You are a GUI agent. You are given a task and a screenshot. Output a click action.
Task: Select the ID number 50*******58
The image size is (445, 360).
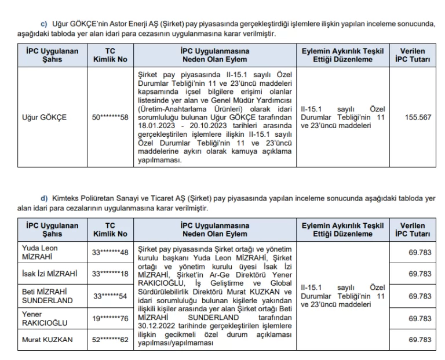[110, 117]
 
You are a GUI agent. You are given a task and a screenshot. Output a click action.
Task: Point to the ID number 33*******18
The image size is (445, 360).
[110, 273]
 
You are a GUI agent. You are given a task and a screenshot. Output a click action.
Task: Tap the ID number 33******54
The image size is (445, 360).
[110, 296]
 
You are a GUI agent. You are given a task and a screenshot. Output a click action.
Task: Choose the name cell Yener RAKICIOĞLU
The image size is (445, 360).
[44, 318]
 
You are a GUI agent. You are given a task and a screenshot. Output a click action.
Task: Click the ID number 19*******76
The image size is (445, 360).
[110, 318]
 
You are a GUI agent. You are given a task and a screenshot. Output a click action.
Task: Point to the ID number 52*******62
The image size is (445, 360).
[110, 340]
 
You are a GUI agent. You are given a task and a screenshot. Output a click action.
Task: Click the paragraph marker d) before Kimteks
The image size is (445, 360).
[43, 198]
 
